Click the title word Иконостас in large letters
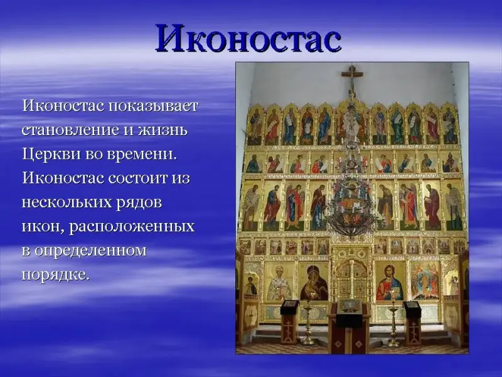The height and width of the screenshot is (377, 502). point(248,38)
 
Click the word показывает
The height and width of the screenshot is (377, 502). point(153,106)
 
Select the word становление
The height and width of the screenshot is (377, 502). point(70,130)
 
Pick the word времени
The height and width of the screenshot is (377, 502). point(141,154)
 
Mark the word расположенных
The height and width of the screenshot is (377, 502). point(132,227)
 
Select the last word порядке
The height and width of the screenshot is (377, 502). point(55,275)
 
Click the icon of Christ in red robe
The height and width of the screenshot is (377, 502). point(389,281)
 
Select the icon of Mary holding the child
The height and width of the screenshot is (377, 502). point(314,281)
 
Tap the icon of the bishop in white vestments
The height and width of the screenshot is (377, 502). point(279,281)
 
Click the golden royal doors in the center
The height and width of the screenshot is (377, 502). point(351,278)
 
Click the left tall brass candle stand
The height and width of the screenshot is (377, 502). point(307,324)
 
